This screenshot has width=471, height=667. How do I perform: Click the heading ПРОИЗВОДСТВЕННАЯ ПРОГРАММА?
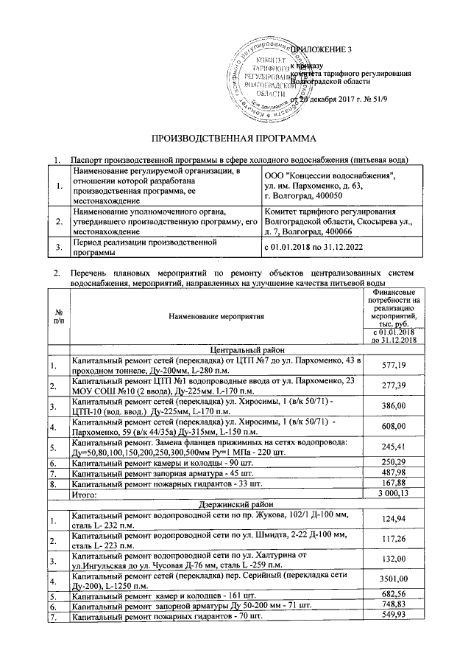click(x=233, y=138)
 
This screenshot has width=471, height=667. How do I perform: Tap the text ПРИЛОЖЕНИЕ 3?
click(x=322, y=49)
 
